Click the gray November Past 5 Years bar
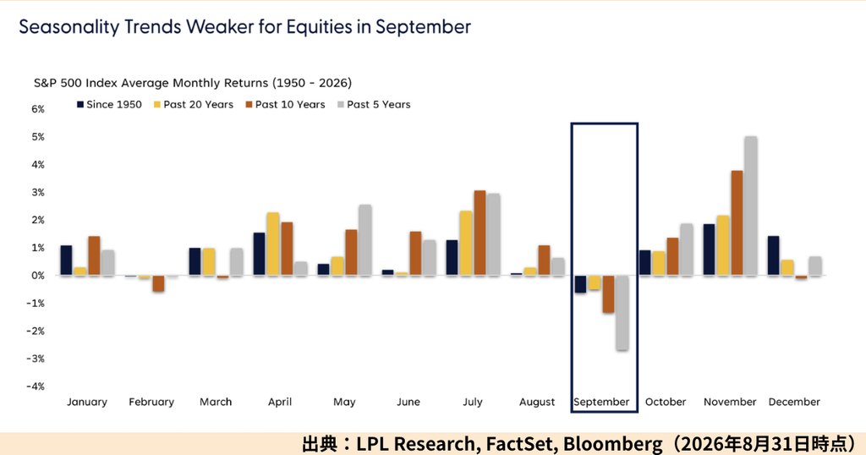(751, 206)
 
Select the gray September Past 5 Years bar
(622, 313)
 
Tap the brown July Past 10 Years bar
(480, 233)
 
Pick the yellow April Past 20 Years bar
(273, 244)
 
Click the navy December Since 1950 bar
(773, 255)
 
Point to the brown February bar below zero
(158, 283)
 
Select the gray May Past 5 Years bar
(365, 240)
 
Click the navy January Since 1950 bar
(66, 260)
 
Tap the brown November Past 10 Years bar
(737, 223)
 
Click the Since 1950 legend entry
(109, 104)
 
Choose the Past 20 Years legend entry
(194, 104)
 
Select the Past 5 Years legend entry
(374, 104)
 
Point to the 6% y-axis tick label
(38, 109)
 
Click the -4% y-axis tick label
(36, 386)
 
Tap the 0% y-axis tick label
(38, 276)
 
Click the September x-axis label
(601, 402)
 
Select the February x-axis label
(151, 402)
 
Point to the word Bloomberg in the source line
(612, 443)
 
